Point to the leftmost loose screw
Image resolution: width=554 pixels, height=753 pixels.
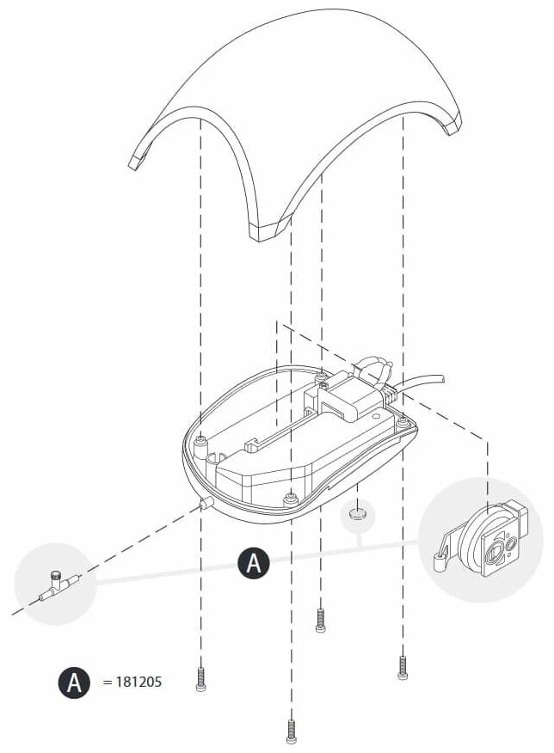(x=201, y=680)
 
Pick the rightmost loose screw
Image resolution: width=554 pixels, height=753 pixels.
(x=402, y=667)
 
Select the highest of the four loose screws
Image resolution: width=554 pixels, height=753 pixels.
(x=321, y=621)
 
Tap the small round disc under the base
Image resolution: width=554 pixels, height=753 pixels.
(x=358, y=517)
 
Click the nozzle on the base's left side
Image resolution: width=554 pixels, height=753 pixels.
(x=205, y=503)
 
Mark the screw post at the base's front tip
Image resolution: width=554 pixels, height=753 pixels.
(x=292, y=495)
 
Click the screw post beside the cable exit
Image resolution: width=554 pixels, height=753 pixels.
(x=403, y=420)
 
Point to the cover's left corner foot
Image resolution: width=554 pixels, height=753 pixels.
(x=136, y=161)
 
